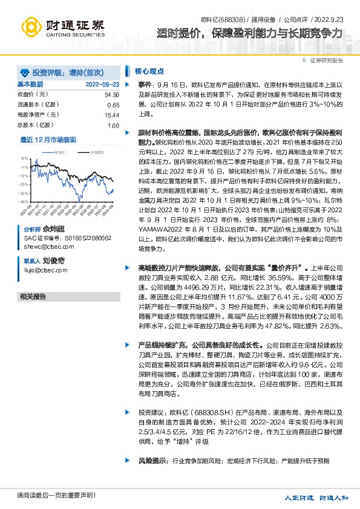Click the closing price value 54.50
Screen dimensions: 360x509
click(111, 95)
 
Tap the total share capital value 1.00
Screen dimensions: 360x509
click(113, 125)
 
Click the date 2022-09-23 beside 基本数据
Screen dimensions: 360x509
click(102, 84)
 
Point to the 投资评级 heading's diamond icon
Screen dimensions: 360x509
click(25, 71)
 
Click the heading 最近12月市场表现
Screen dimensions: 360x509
click(48, 140)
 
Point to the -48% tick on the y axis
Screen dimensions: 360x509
click(25, 201)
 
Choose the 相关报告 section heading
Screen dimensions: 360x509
click(33, 297)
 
